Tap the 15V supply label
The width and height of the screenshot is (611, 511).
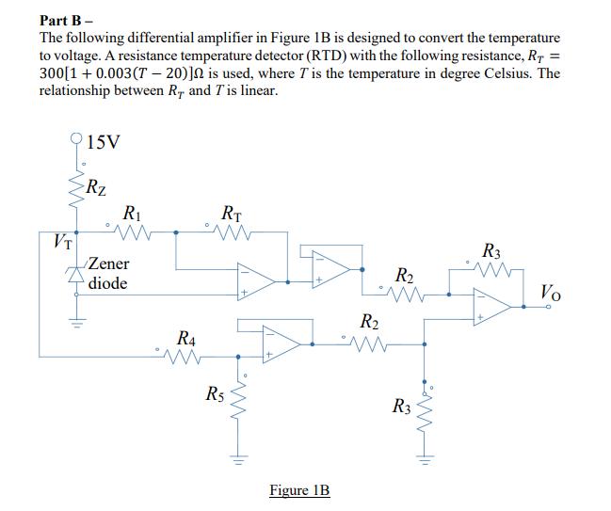coord(102,143)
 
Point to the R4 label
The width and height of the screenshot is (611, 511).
coord(186,337)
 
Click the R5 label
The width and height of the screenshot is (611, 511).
coord(216,393)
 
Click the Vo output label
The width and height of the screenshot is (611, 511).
coord(552,290)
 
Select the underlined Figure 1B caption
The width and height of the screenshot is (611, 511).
coord(299,490)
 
